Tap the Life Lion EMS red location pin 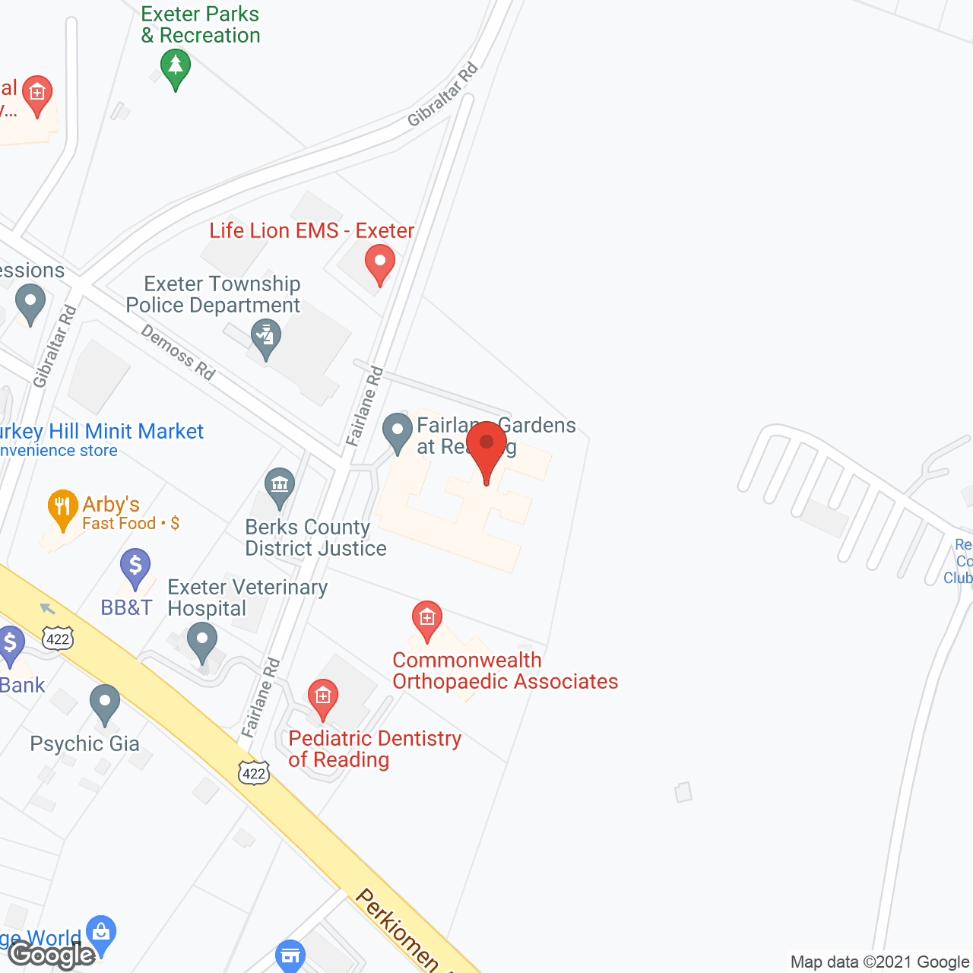[x=380, y=263]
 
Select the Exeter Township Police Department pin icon [x=266, y=337]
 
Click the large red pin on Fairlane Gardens [x=486, y=448]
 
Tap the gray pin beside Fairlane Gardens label [x=397, y=431]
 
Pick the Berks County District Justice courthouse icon [x=280, y=486]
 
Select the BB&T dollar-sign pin [x=135, y=567]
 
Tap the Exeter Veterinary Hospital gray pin [x=202, y=640]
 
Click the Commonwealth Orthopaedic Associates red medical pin [x=427, y=619]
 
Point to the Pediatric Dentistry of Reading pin [x=323, y=697]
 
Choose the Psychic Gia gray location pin [x=105, y=703]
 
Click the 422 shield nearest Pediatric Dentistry [x=253, y=774]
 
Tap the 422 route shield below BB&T [x=58, y=639]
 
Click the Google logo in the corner [x=52, y=955]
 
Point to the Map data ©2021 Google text [x=880, y=962]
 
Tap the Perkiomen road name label [x=397, y=929]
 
